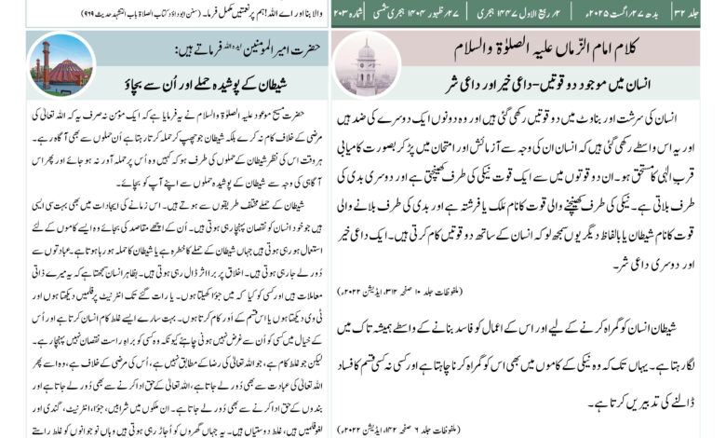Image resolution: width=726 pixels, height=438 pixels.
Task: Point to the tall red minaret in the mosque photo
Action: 43,60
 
